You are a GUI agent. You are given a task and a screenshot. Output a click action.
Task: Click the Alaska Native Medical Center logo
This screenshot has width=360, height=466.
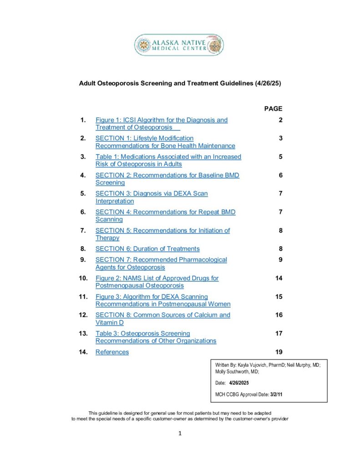179,45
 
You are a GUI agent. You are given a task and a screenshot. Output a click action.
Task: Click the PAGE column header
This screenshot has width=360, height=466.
273,109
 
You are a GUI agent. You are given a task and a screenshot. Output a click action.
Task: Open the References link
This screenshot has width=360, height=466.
112,352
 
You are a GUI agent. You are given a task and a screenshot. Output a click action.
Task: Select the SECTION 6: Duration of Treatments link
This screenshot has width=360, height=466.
147,249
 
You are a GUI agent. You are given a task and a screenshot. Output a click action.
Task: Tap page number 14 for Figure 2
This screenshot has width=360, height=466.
279,278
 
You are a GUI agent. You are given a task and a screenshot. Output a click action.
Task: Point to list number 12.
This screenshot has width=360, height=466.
83,315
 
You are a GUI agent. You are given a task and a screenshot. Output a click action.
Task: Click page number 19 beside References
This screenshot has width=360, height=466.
279,352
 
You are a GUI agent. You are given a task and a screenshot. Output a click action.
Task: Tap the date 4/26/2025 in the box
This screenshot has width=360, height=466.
239,383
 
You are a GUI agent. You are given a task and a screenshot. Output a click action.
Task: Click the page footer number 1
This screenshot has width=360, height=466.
180,433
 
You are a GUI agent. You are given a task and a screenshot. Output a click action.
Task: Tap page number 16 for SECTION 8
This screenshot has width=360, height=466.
279,315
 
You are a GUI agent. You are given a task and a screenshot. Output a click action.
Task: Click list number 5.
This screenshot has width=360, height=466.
83,193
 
